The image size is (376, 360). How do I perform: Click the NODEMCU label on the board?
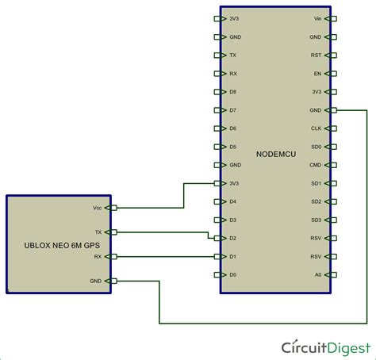click(276, 154)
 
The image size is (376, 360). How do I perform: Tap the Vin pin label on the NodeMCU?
click(317, 18)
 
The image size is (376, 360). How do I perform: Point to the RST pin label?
click(317, 55)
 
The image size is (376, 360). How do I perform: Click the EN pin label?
click(317, 73)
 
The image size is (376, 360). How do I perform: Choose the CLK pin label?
click(316, 128)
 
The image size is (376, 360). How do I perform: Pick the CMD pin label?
click(316, 164)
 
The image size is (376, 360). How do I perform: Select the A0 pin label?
click(317, 274)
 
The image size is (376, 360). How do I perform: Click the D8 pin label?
click(232, 91)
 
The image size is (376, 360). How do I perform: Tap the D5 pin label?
click(232, 147)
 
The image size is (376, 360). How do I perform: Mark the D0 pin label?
click(232, 274)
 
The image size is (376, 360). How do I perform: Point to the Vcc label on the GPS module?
click(98, 208)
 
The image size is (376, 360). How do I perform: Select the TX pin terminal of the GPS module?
click(113, 232)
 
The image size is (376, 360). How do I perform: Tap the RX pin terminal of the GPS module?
click(113, 256)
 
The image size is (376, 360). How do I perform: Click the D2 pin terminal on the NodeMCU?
click(217, 238)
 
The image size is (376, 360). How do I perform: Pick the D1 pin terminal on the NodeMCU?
click(217, 256)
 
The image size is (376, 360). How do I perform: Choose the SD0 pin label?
click(316, 147)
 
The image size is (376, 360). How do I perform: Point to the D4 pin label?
click(232, 201)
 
